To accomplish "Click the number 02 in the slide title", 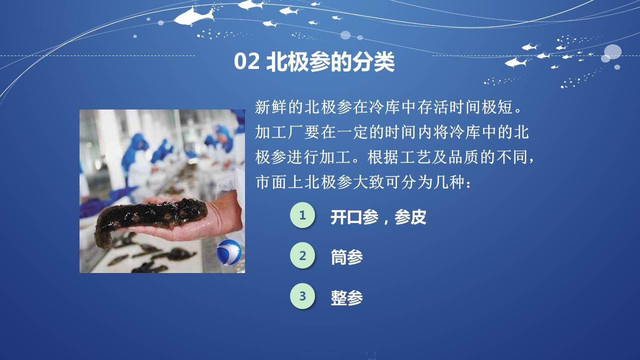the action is (x=247, y=61).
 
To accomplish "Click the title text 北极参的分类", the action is (x=330, y=61).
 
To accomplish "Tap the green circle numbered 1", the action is (x=302, y=215).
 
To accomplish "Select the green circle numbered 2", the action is (x=302, y=255).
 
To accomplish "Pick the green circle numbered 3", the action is (x=302, y=296).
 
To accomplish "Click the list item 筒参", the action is (x=347, y=257).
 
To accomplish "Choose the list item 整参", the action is (x=347, y=297).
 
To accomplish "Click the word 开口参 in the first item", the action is (x=354, y=217).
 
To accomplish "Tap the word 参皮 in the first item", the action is (x=410, y=217).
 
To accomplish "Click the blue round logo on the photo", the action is (x=229, y=253).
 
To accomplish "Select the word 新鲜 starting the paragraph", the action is (x=271, y=107).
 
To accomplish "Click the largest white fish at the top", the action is (x=193, y=16).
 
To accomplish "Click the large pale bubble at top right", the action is (x=612, y=52).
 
